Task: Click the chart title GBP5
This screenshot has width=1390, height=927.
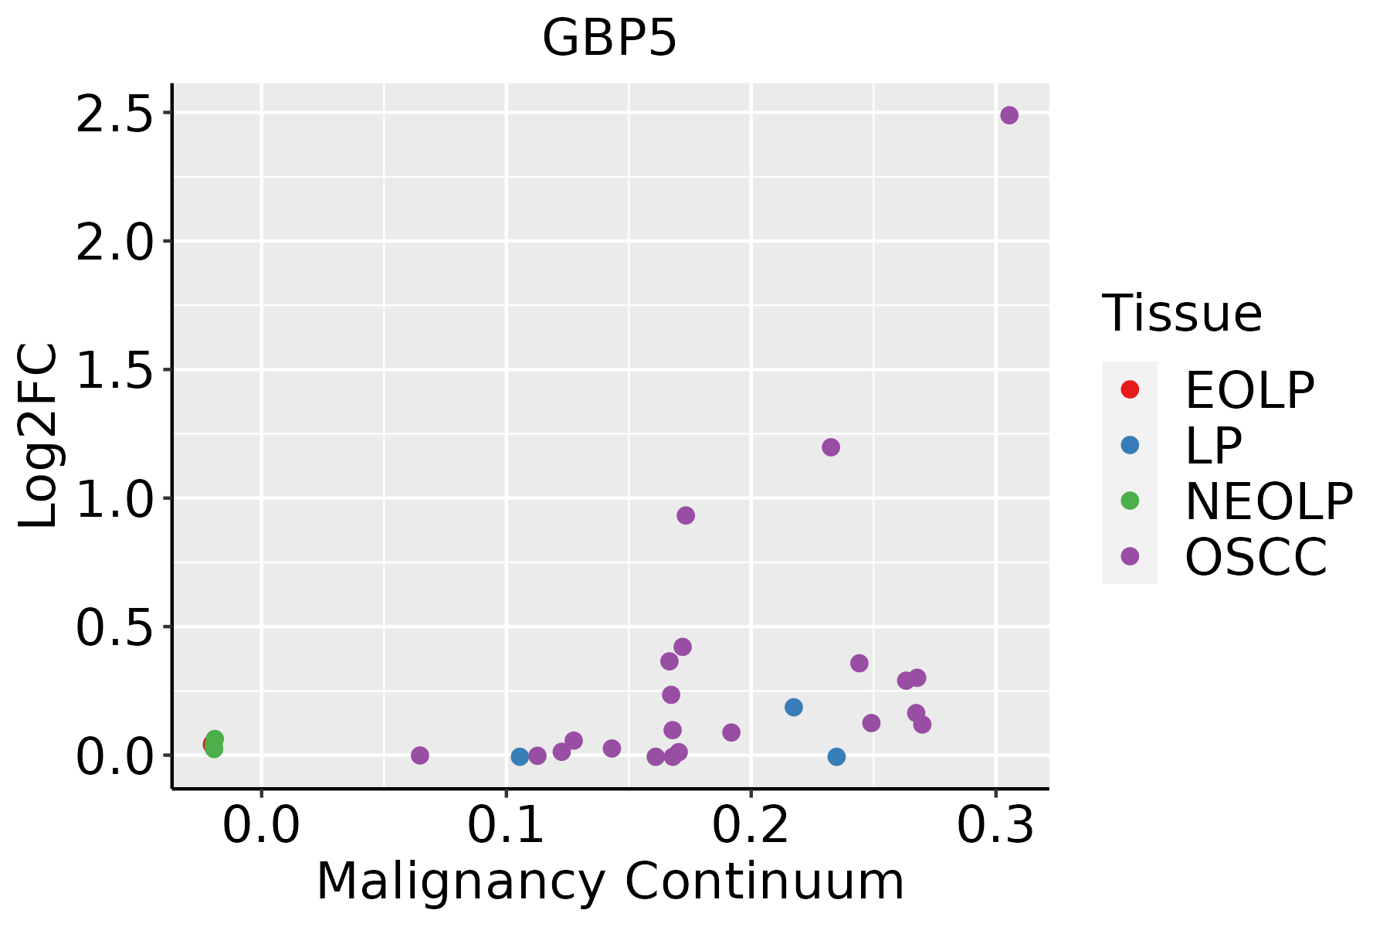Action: point(609,39)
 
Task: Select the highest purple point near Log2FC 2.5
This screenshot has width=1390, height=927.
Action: point(1009,115)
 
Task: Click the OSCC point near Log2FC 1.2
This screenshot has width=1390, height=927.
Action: point(831,447)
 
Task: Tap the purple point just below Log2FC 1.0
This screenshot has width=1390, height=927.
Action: point(686,515)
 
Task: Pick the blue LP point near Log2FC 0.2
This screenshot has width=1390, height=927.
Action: point(794,707)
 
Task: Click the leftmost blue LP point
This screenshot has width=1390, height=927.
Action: point(520,757)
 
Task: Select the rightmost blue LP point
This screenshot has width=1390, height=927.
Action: point(836,757)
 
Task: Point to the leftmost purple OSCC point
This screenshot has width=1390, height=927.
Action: point(420,756)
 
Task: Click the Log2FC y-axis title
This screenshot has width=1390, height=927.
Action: point(39,436)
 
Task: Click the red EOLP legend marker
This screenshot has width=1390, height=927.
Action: point(1130,389)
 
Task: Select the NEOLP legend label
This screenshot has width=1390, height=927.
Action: point(1269,502)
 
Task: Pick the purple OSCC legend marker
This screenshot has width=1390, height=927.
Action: point(1130,556)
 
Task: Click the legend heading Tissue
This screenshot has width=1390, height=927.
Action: point(1182,314)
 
